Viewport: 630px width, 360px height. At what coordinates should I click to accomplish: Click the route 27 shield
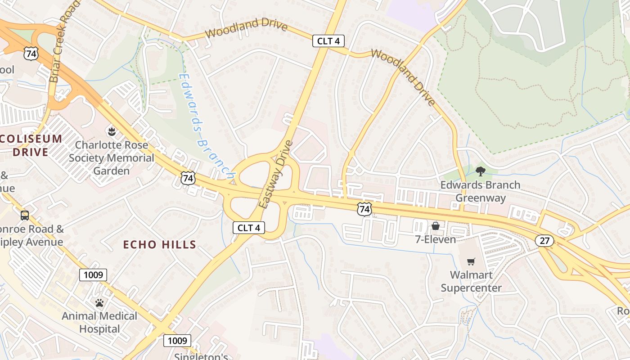(544, 241)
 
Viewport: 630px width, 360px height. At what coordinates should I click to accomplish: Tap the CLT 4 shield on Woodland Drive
(328, 41)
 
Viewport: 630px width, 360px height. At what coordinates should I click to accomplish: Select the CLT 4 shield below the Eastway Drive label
(248, 228)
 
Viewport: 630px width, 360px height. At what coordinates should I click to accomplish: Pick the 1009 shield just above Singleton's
(177, 341)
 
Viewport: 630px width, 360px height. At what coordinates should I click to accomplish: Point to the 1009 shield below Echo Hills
(93, 274)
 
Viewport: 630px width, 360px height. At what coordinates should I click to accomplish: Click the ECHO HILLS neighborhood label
(160, 245)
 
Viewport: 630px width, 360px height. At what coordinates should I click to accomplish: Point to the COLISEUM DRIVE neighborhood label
(31, 145)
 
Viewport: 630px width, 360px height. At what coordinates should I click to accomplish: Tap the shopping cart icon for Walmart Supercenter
(471, 261)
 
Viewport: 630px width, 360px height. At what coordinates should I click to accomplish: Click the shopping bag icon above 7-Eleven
(435, 226)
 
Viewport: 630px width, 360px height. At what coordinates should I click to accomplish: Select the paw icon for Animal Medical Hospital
(99, 303)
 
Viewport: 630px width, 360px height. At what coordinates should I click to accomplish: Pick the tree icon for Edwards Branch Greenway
(480, 171)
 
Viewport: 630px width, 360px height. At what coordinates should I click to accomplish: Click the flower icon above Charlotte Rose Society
(111, 132)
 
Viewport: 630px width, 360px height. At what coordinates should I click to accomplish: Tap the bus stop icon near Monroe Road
(25, 216)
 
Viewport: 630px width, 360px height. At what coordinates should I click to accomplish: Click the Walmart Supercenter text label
(471, 281)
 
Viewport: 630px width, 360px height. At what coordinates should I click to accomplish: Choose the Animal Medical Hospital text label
(99, 322)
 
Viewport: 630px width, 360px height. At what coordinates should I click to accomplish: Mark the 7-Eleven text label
(435, 239)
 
